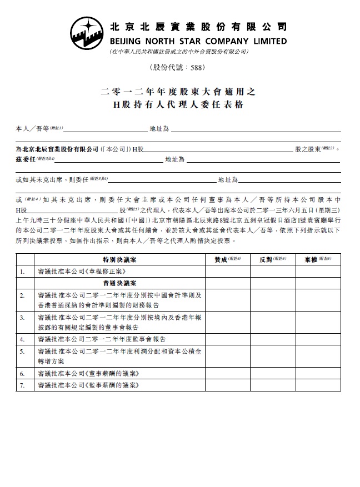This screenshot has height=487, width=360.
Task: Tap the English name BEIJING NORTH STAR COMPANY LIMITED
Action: [199, 41]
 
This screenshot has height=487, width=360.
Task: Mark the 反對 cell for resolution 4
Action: [273, 338]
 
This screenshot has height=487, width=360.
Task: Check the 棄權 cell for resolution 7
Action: [318, 385]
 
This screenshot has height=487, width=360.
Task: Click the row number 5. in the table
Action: [22, 352]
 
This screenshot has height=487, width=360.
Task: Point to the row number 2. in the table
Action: [22, 295]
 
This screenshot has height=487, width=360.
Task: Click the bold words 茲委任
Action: [26, 159]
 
